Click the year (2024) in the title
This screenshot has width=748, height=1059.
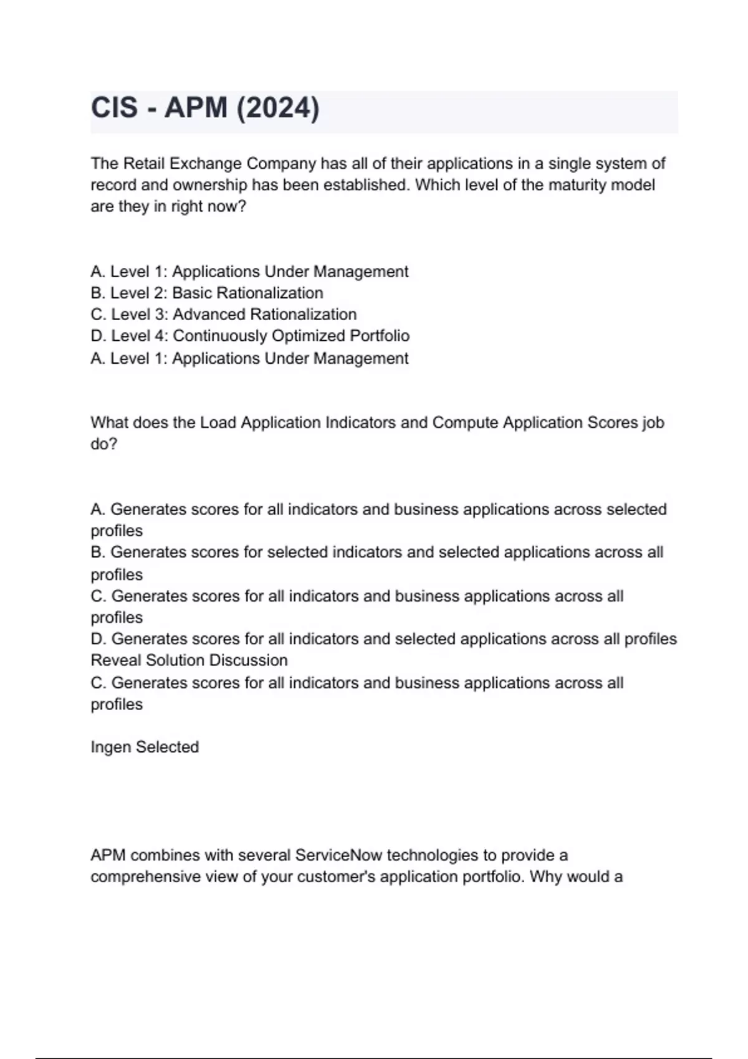pyautogui.click(x=277, y=108)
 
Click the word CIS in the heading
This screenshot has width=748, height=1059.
pyautogui.click(x=115, y=108)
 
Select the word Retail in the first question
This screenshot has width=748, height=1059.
pyautogui.click(x=145, y=164)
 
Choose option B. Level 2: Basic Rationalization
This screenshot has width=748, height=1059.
pyautogui.click(x=207, y=293)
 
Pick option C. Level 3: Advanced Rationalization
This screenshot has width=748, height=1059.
pyautogui.click(x=223, y=315)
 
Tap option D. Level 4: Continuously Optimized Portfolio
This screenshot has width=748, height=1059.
pyautogui.click(x=250, y=336)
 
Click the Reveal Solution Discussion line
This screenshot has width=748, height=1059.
pyautogui.click(x=189, y=660)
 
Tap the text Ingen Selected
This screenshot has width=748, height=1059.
pyautogui.click(x=145, y=747)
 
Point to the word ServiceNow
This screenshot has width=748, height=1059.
pyautogui.click(x=338, y=855)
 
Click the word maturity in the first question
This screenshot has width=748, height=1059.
pyautogui.click(x=575, y=185)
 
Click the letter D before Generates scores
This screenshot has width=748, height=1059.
pyautogui.click(x=97, y=639)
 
